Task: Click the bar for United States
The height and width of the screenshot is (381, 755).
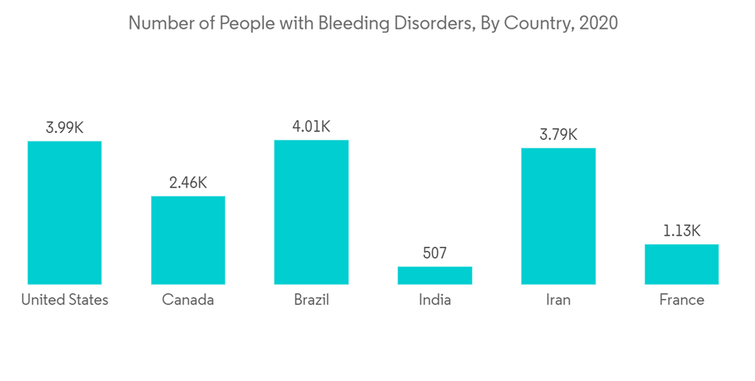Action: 64,212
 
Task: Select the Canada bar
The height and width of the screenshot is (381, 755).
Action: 188,240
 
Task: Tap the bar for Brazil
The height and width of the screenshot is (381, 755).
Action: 311,212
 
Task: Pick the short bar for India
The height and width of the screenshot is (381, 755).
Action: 435,275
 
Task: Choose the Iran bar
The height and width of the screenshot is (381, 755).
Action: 558,215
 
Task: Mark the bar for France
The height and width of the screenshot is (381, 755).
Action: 682,264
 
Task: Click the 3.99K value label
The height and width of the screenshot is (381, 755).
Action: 64,128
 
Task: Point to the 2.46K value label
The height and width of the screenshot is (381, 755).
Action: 188,183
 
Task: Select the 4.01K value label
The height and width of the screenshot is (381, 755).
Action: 311,126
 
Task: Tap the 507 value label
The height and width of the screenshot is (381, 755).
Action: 435,253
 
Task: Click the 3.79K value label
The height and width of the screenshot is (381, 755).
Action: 558,135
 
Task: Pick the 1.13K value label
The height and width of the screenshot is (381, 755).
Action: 682,231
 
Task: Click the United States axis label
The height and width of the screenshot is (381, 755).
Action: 64,300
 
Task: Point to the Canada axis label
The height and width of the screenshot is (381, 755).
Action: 188,300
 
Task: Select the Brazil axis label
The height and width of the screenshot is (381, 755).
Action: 311,300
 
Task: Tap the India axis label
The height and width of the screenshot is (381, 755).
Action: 435,300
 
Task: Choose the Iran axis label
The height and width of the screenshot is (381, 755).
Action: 558,300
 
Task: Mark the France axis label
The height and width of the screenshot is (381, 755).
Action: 682,300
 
